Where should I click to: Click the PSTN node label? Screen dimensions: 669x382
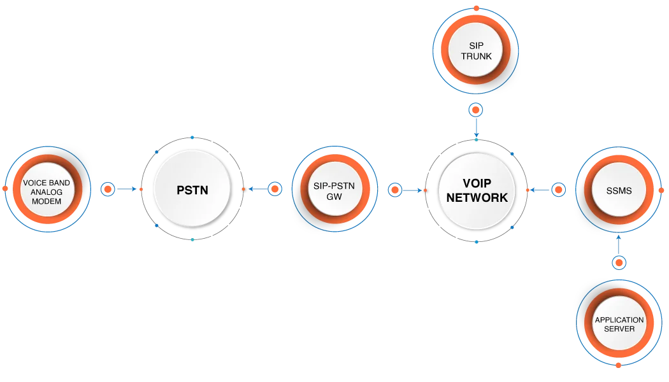pos(192,190)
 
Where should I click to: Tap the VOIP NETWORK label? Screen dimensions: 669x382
pos(477,190)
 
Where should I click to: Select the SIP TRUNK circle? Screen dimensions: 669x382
pos(476,51)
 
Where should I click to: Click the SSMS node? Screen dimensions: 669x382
pos(619,190)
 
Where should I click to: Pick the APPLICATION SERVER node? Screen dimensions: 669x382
pos(619,323)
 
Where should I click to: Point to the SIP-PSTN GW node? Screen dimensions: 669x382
pos(335,189)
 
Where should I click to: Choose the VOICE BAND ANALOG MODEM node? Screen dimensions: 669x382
pos(48,189)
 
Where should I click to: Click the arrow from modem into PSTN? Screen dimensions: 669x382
pos(127,189)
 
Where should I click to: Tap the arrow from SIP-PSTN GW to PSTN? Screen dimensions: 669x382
pos(257,189)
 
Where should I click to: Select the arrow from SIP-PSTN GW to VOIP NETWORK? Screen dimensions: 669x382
pos(412,190)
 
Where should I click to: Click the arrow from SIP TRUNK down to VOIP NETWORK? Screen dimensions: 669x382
pos(476,128)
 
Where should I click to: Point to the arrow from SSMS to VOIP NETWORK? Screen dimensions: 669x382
pos(540,190)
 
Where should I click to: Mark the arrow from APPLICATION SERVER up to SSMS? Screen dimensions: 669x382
pos(619,244)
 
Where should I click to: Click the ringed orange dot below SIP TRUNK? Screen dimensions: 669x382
pos(476,110)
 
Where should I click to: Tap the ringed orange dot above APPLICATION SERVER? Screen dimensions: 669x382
pos(619,262)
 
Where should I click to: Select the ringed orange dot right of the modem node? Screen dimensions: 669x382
pos(108,189)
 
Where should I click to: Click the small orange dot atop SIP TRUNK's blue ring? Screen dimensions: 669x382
pos(476,8)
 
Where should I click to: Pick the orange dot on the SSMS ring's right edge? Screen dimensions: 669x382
pos(661,190)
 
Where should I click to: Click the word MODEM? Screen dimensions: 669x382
pos(47,201)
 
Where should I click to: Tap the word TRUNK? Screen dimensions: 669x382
pos(476,56)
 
